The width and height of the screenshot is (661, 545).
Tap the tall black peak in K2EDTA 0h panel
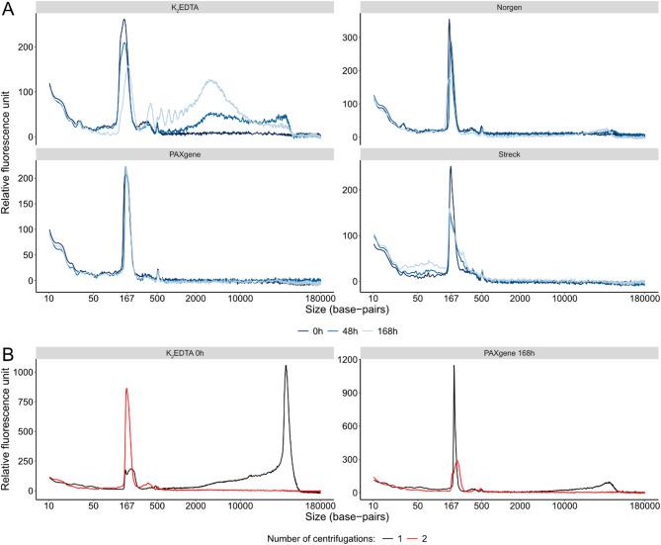point(286,367)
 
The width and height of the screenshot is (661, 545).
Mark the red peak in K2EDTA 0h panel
point(126,390)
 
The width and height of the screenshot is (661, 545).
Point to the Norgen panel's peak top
point(449,21)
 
